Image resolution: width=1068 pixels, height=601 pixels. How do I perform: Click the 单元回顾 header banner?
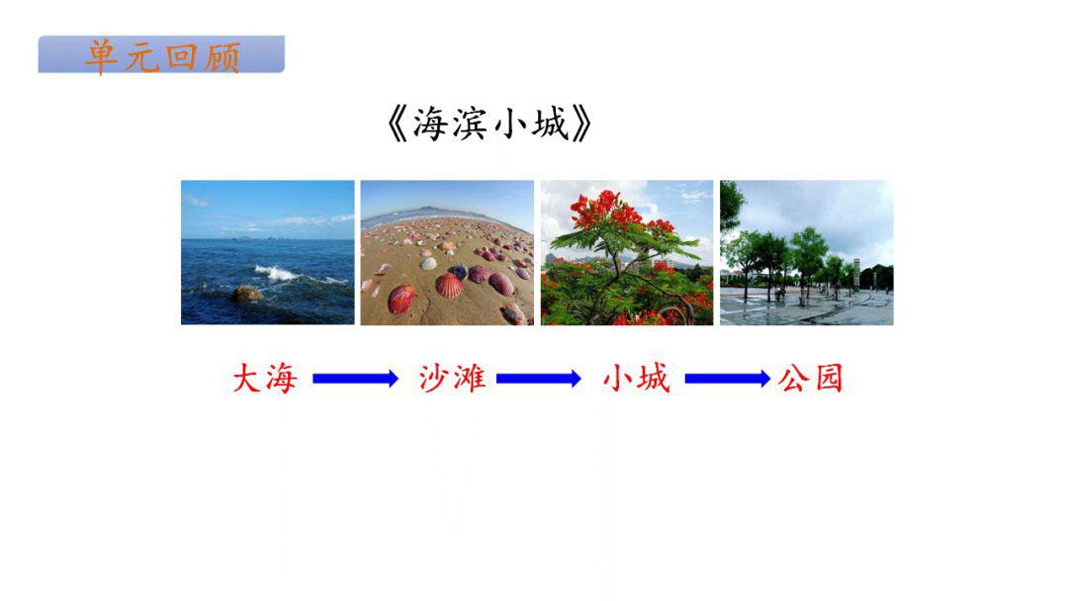coord(161,55)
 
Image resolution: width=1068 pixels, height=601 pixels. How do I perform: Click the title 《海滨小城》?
coord(490,126)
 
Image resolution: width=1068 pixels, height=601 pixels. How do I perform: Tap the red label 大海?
coord(264,379)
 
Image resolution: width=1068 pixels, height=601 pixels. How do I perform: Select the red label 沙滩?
coord(452,379)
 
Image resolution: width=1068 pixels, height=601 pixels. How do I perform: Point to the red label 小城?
coord(636,379)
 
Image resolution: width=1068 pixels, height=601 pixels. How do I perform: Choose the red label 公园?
coord(811,379)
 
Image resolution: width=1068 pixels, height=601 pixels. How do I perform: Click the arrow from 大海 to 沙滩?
coord(355,379)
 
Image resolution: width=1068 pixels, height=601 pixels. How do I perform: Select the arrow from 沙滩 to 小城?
coord(539,379)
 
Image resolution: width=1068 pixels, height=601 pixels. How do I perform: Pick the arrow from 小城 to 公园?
coord(727,379)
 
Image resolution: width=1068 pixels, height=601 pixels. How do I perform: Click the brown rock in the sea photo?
coord(246,294)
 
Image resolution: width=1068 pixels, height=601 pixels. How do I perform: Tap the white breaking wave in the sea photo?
coord(282,272)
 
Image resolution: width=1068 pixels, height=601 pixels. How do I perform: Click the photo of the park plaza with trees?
coord(806,252)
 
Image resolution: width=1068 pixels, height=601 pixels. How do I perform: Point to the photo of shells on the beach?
coord(447,252)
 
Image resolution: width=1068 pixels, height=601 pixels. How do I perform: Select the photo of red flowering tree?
coord(627,252)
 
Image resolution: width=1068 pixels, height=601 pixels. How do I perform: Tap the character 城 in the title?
coord(549,126)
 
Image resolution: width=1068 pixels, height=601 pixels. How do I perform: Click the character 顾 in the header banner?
coord(222,56)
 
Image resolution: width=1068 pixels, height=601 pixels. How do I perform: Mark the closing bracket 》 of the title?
coord(582,126)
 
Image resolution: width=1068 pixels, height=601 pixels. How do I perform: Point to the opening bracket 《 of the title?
coord(397,126)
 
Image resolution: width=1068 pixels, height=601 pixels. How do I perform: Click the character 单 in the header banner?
coord(102,56)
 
